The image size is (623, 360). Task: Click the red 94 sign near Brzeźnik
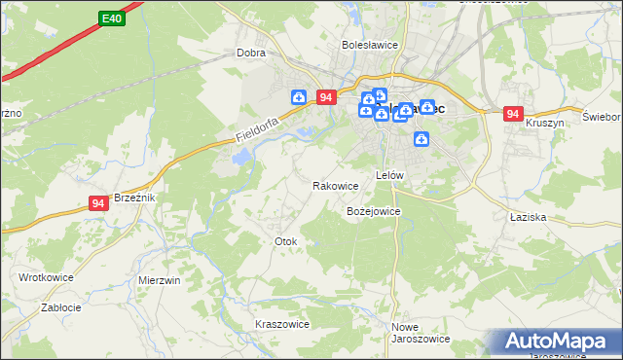(x=97, y=202)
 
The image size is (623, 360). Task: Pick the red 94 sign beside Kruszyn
(x=513, y=114)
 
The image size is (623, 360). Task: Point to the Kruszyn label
(x=544, y=124)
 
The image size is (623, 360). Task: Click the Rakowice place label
(x=335, y=185)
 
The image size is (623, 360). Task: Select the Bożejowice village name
(x=374, y=211)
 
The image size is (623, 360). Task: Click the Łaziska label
(x=527, y=218)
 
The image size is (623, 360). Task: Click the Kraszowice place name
(x=281, y=324)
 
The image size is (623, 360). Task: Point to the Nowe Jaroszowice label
(x=420, y=333)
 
